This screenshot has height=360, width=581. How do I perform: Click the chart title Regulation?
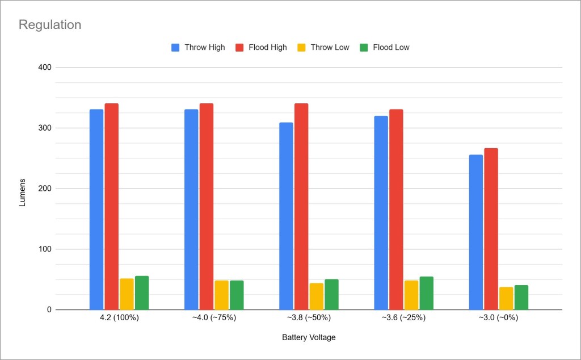click(x=50, y=25)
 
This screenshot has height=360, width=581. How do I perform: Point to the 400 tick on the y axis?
click(x=45, y=68)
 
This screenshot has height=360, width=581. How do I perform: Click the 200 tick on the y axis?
click(x=45, y=189)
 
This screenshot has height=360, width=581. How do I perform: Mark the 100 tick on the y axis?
click(x=45, y=249)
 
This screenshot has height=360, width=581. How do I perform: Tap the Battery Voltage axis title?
click(x=309, y=337)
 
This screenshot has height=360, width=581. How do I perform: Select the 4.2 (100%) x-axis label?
click(x=119, y=318)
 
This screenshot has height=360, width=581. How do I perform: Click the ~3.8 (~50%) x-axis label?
click(x=309, y=318)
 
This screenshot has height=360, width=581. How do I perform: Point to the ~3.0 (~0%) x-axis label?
click(x=498, y=318)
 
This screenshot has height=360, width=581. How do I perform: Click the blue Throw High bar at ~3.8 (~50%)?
click(x=286, y=216)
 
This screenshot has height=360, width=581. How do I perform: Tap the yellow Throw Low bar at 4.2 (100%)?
click(x=127, y=294)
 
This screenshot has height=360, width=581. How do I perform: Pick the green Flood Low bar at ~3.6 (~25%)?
click(x=426, y=293)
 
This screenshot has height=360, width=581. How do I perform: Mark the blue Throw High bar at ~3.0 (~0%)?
click(x=475, y=232)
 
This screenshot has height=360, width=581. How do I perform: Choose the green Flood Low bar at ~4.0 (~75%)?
click(x=237, y=295)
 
